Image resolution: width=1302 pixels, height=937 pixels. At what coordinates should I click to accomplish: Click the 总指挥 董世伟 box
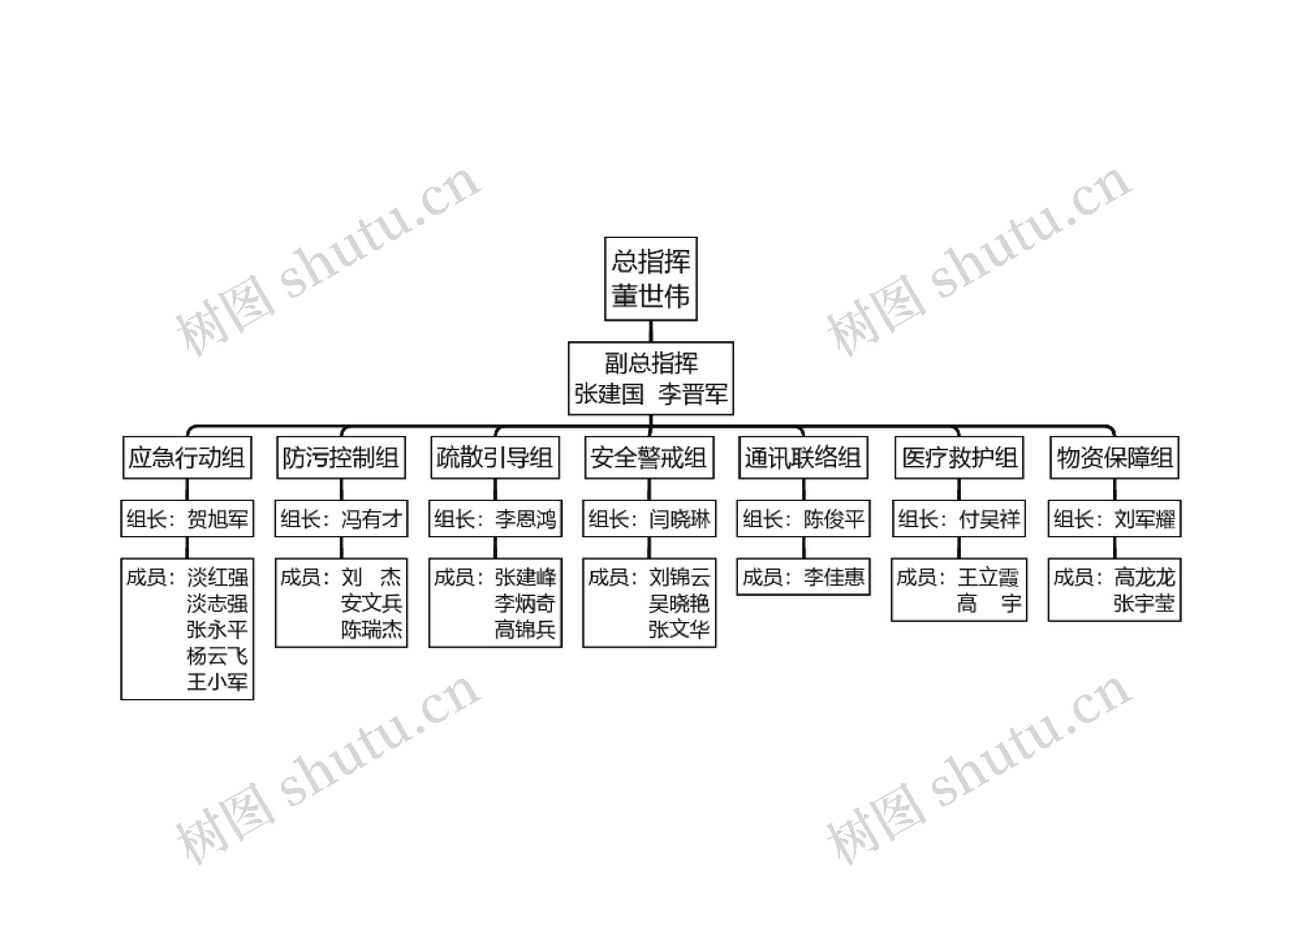(650, 278)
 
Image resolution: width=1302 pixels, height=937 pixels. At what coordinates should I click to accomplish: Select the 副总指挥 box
(650, 378)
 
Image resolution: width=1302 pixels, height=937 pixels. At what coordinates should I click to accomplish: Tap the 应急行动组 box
(187, 457)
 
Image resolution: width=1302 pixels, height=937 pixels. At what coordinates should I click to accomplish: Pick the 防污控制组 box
(341, 457)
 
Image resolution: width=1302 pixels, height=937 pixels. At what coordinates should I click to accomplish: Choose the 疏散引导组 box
(495, 457)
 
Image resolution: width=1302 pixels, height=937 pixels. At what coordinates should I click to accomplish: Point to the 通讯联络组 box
(803, 457)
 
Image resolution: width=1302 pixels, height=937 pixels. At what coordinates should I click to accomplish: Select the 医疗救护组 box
(959, 457)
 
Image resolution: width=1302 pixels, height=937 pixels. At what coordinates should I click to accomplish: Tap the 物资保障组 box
(1114, 457)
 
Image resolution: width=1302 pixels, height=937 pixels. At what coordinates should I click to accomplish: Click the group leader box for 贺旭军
(187, 519)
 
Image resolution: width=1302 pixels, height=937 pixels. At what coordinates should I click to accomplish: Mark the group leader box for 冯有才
(341, 519)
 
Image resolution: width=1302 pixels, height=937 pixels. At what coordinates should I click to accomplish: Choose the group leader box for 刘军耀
(1114, 519)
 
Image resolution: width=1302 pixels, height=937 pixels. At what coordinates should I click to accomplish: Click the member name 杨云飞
(217, 656)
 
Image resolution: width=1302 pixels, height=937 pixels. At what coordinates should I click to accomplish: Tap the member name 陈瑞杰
(371, 629)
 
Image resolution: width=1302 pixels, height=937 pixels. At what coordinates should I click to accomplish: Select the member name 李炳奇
(525, 603)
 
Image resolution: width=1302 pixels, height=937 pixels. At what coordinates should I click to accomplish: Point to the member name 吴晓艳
(679, 603)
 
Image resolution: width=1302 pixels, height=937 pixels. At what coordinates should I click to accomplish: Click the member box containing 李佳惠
(803, 577)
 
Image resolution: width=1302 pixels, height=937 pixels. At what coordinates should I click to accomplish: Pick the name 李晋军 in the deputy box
(693, 394)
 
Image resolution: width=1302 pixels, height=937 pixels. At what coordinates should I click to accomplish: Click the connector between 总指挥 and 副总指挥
(650, 331)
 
